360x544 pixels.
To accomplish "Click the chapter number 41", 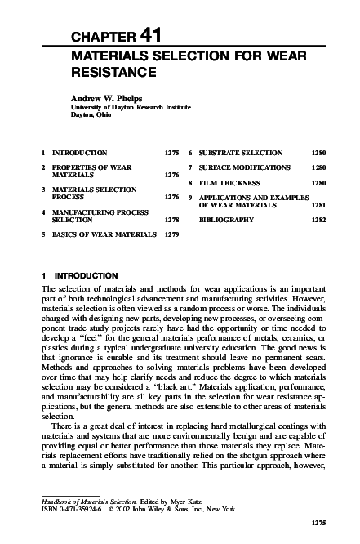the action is pyautogui.click(x=153, y=35).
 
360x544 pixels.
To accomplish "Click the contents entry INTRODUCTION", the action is pyautogui.click(x=79, y=153).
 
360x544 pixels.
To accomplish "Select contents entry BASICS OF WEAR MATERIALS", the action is pyautogui.click(x=104, y=234).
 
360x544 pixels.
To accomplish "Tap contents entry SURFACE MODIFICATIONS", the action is pyautogui.click(x=244, y=167).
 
